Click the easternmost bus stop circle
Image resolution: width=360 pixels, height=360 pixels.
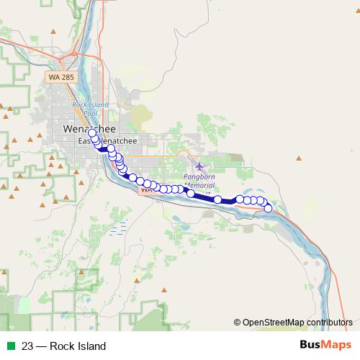point(269,208)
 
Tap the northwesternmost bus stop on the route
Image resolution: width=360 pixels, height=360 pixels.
point(91,133)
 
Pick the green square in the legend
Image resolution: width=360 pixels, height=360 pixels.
point(10,346)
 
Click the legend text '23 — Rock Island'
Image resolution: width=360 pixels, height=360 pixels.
point(63,346)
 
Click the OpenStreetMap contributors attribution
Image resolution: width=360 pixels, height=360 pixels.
point(297,322)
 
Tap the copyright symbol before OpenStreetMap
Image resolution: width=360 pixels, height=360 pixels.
point(238,322)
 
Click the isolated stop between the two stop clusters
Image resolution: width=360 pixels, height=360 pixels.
point(217,199)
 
